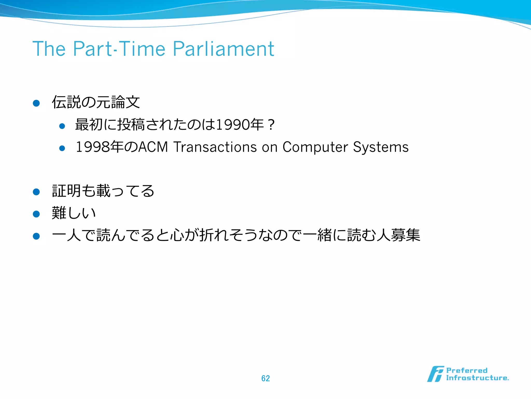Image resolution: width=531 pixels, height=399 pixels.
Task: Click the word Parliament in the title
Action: click(x=223, y=49)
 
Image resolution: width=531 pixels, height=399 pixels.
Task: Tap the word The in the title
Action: click(x=49, y=49)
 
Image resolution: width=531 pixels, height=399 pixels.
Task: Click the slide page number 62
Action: click(x=265, y=378)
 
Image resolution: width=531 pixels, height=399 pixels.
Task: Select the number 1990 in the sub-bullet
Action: click(x=232, y=125)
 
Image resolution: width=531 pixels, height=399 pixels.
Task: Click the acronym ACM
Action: click(x=153, y=147)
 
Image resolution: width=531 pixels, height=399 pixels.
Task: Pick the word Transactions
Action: click(x=215, y=147)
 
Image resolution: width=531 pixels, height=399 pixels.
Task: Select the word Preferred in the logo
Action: click(x=467, y=370)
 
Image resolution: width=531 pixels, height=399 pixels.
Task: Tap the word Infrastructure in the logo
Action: click(x=477, y=378)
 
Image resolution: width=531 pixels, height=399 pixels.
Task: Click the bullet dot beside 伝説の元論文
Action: click(x=36, y=103)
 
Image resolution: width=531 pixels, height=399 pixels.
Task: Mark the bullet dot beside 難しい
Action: click(x=36, y=214)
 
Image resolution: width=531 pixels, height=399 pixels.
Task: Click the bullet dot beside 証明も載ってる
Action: click(x=36, y=192)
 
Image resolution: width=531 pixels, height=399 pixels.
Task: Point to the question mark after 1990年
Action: click(x=271, y=125)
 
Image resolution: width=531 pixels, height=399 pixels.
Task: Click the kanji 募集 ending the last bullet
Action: click(x=406, y=235)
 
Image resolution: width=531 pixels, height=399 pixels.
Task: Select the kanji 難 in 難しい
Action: click(x=59, y=213)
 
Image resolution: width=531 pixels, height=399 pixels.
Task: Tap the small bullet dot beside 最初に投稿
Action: click(x=62, y=126)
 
